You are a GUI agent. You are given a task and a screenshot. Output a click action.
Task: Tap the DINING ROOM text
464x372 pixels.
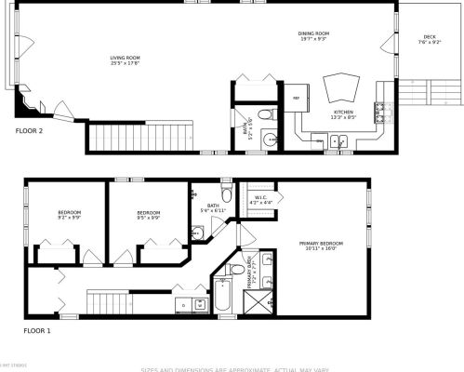[x=313, y=35]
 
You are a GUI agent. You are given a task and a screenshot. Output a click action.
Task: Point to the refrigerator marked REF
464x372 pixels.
[x=298, y=98]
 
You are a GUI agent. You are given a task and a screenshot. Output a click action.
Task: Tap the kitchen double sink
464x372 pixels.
[x=339, y=141]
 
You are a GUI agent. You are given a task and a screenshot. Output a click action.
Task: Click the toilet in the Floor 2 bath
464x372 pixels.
[x=264, y=114]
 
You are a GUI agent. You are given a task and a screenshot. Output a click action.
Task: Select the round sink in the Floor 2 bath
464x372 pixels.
[x=271, y=140]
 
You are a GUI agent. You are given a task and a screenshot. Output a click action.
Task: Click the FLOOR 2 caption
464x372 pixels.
[x=29, y=131]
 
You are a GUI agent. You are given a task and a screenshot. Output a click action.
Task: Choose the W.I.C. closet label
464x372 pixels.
[x=261, y=199]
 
